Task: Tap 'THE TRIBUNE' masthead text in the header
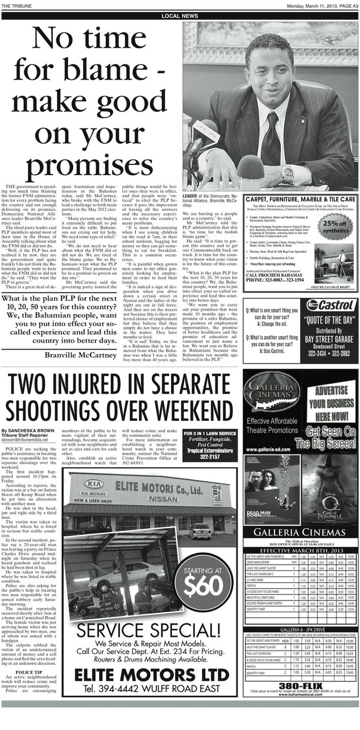tap(17, 5)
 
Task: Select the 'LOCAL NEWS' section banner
tap(179, 17)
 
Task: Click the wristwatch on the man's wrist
tap(287, 173)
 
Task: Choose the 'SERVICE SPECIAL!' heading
tap(148, 629)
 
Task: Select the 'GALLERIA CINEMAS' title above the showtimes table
tap(300, 532)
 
